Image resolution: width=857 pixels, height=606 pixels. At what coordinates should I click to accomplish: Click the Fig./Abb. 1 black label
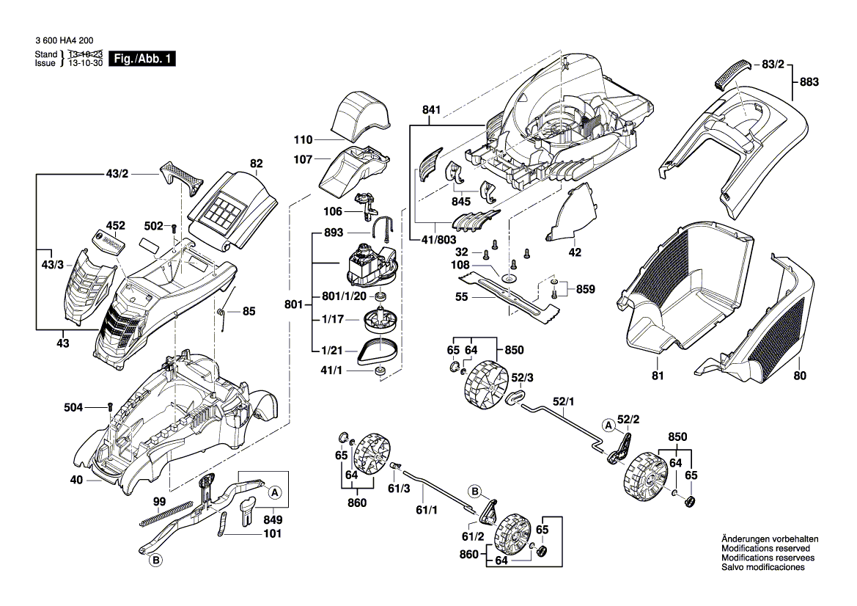point(141,59)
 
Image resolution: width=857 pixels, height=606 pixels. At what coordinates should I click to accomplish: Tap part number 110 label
point(303,139)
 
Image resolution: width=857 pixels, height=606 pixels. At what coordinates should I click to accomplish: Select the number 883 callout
point(809,82)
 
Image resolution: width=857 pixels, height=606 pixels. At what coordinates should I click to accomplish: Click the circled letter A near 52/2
point(608,425)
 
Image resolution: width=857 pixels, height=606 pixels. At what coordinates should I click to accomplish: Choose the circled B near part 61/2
point(474,491)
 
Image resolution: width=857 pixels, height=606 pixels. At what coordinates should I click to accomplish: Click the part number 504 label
point(94,406)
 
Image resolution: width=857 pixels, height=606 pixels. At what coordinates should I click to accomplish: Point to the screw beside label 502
point(173,229)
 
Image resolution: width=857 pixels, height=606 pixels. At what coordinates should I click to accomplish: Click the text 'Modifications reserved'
point(765,549)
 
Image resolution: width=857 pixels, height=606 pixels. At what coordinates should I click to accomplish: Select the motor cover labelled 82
point(230,206)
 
